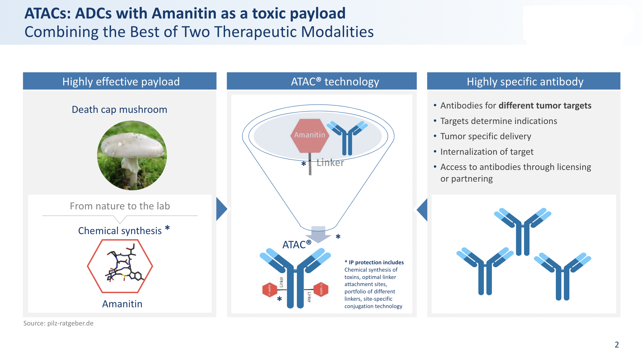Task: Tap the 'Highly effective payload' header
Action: pos(121,82)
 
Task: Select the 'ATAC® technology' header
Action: pos(335,82)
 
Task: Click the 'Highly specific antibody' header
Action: pos(525,82)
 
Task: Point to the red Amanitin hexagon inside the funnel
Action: pos(310,135)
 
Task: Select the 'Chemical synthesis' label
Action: pos(120,231)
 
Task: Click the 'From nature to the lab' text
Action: pos(120,206)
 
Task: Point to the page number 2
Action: pos(617,345)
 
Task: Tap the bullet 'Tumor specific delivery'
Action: pos(485,136)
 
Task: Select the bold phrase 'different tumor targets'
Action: pos(545,105)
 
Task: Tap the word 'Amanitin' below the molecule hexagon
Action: pos(122,304)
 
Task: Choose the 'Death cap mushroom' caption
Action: pos(119,110)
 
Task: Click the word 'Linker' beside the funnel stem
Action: pos(330,163)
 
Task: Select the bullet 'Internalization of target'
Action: pos(487,152)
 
